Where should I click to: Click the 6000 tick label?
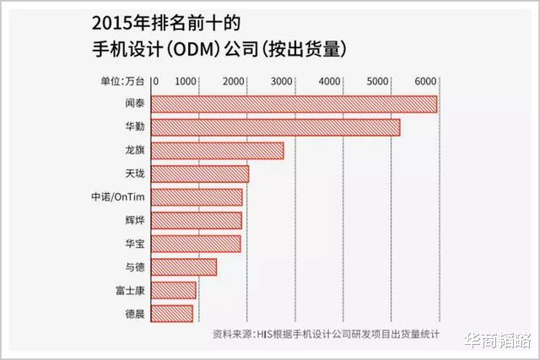[425, 81]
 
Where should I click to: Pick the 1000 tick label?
[186, 81]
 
